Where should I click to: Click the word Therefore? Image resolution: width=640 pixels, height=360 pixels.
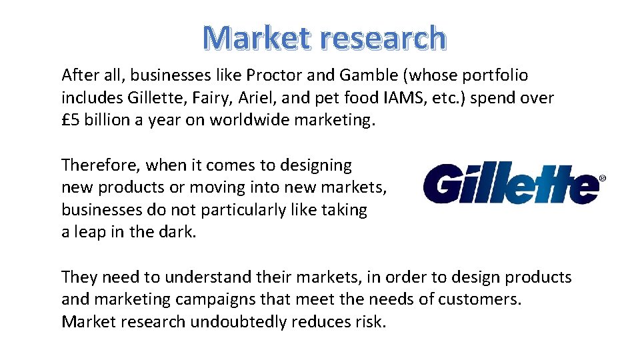coord(100,165)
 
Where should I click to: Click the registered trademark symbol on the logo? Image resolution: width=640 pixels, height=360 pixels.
coord(603,179)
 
